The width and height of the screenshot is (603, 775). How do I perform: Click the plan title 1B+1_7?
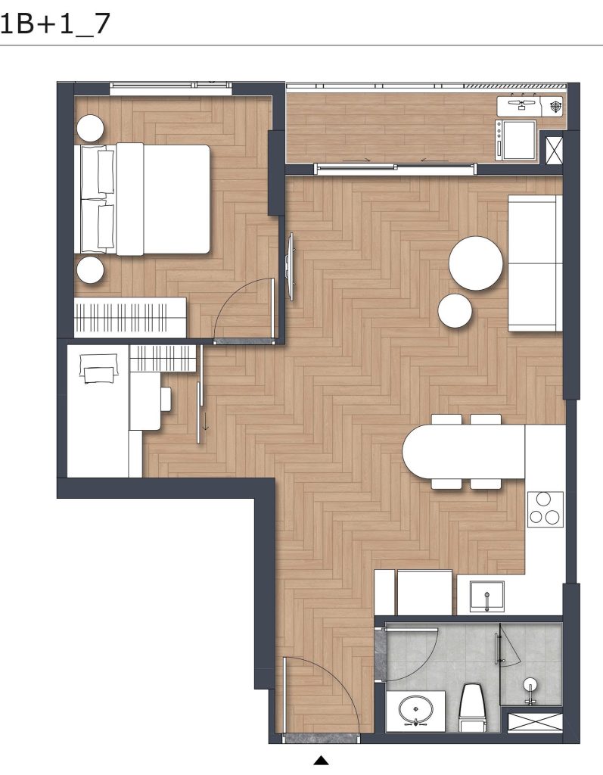55,23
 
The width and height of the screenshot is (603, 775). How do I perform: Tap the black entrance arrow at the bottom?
322,760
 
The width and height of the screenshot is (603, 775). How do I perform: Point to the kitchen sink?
486,596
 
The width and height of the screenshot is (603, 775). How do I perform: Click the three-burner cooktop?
545,509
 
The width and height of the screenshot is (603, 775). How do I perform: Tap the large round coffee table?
475,263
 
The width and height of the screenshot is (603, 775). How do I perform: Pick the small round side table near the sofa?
455,310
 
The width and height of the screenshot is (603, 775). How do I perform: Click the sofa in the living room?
536,263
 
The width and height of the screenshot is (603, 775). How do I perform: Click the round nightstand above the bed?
91,128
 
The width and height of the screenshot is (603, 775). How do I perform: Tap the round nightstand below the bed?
91,270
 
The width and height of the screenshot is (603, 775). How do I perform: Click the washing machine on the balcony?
517,140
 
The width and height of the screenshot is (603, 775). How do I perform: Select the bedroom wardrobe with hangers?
130,317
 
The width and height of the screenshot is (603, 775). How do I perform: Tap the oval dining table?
463,452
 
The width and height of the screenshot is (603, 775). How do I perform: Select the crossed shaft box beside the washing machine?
554,150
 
